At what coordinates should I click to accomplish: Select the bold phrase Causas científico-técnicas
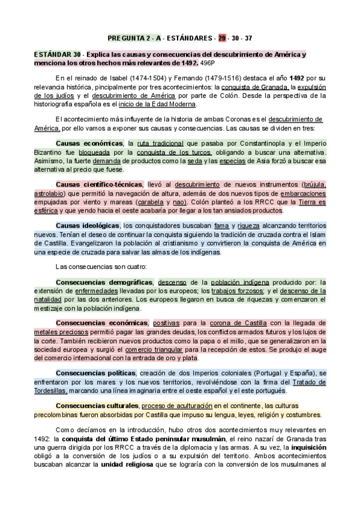click(x=99, y=184)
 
